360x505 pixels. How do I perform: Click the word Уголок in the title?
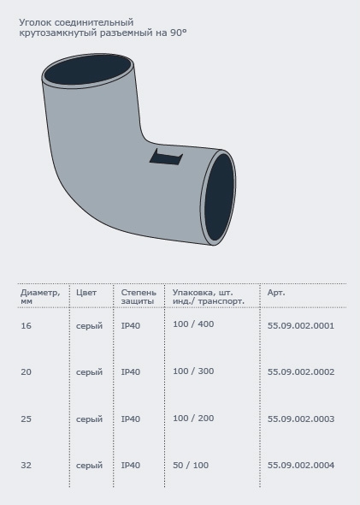35,22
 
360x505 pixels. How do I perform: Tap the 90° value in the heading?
179,33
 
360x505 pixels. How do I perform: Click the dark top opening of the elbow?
88,70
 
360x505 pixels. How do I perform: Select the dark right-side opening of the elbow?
220,198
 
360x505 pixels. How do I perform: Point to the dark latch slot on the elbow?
166,157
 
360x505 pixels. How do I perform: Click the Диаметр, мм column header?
40,297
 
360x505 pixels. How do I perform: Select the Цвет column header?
86,293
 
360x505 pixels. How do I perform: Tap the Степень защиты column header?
139,297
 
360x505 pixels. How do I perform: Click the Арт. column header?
276,293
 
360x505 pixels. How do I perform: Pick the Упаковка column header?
209,297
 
